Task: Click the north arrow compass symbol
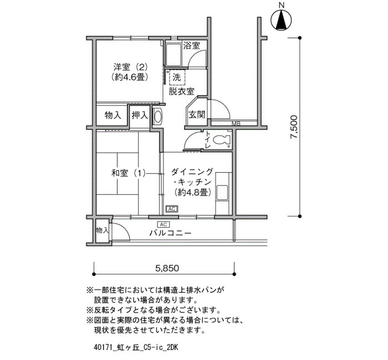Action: tap(282, 19)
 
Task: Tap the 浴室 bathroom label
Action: tap(192, 45)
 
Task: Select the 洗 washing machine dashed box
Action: tap(177, 78)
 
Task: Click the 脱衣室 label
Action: tap(181, 91)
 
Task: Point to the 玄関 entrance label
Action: tap(197, 115)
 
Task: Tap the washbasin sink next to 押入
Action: tap(157, 116)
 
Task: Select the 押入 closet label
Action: tap(140, 115)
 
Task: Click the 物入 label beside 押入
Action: tap(113, 115)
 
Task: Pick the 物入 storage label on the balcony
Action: tap(102, 230)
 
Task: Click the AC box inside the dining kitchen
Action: tap(172, 209)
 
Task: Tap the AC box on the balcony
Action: tap(164, 224)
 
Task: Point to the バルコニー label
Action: tap(170, 233)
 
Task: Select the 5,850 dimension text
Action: tap(167, 268)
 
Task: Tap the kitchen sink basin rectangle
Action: tap(222, 192)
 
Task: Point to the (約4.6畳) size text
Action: tap(130, 78)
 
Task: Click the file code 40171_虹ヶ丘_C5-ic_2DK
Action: tap(136, 347)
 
